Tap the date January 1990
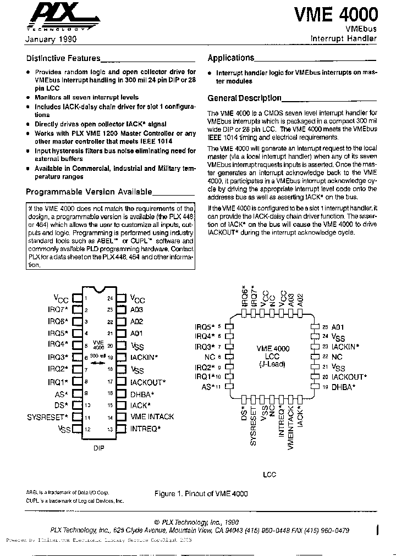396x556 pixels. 51,40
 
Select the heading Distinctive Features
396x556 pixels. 64,58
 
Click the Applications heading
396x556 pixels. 231,58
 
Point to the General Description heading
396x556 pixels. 244,98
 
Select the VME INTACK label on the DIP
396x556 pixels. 152,417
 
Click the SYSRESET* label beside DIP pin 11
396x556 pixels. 47,417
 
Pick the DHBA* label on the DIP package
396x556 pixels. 142,393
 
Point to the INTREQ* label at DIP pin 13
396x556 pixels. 145,429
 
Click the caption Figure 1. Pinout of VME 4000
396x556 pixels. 201,493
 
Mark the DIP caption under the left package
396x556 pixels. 98,448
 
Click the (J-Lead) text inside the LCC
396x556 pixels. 273,364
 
